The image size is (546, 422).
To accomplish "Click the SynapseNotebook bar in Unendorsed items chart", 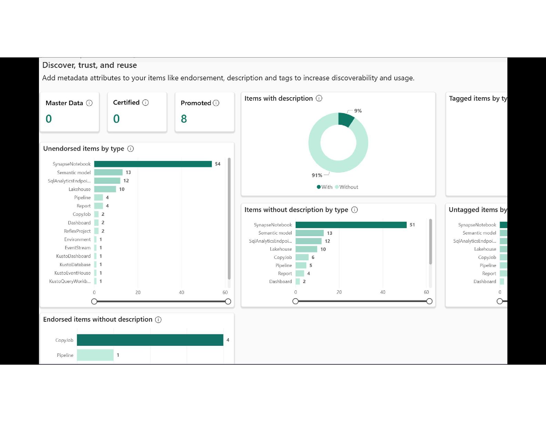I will pyautogui.click(x=153, y=164).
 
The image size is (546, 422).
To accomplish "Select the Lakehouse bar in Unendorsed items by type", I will pyautogui.click(x=105, y=189).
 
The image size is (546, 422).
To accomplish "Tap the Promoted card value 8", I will pyautogui.click(x=184, y=119).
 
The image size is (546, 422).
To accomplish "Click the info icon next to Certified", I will pyautogui.click(x=145, y=103).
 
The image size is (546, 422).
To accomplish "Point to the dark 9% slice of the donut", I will pyautogui.click(x=345, y=119).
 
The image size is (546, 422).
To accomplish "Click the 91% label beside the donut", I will pyautogui.click(x=317, y=175).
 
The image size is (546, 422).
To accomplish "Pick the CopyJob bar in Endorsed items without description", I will pyautogui.click(x=150, y=340).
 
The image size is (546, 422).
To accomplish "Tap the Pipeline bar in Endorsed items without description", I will pyautogui.click(x=95, y=355).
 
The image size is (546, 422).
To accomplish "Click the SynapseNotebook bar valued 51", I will pyautogui.click(x=351, y=225).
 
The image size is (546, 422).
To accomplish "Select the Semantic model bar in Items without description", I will pyautogui.click(x=310, y=233).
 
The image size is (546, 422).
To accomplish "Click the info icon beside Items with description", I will pyautogui.click(x=319, y=99).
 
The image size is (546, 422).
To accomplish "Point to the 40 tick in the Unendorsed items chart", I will pyautogui.click(x=181, y=292).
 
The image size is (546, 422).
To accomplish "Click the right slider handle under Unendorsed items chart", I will pyautogui.click(x=228, y=302).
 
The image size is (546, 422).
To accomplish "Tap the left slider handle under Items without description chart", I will pyautogui.click(x=295, y=301).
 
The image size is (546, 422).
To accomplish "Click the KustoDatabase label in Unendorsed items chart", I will pyautogui.click(x=75, y=265).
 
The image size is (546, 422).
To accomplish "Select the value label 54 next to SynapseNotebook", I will pyautogui.click(x=218, y=164).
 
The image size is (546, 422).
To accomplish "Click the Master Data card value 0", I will pyautogui.click(x=49, y=119).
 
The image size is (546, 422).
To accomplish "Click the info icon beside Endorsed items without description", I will pyautogui.click(x=158, y=320).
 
